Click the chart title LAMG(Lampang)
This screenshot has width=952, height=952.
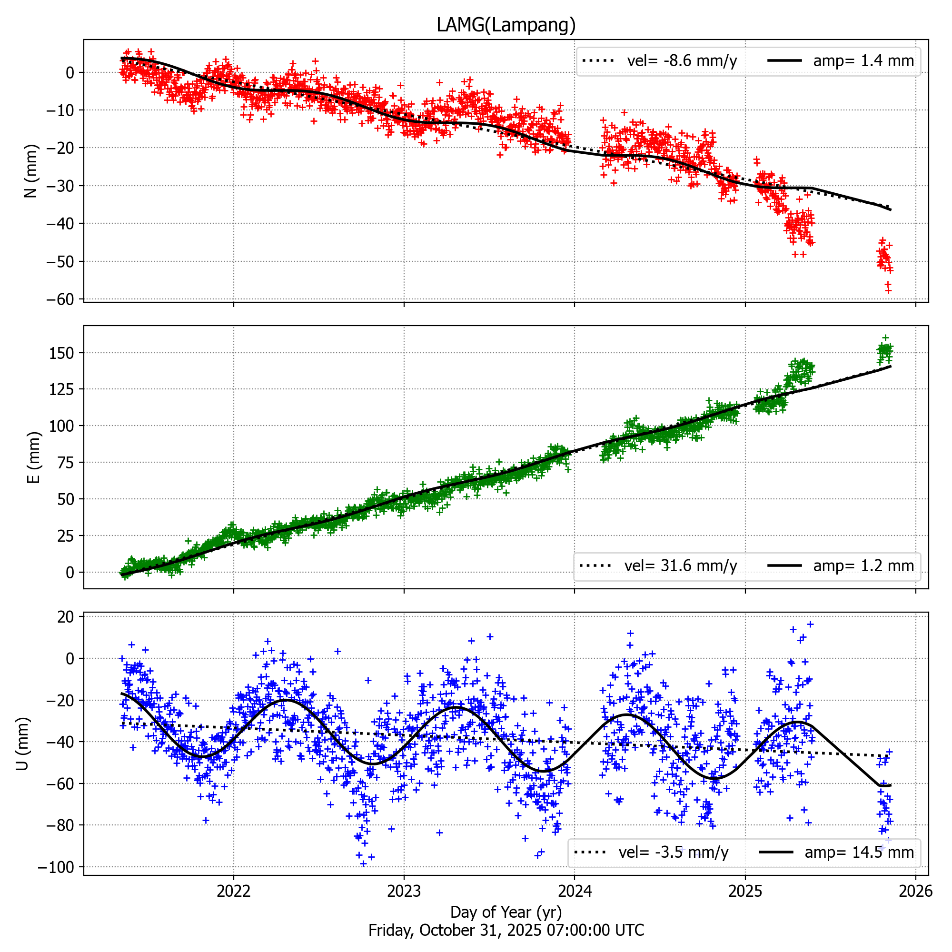506,25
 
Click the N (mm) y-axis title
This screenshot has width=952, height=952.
31,171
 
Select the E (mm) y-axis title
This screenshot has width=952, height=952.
33,457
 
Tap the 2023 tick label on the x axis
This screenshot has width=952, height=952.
404,891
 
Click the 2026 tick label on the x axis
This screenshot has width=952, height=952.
915,891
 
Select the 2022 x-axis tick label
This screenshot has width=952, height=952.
234,891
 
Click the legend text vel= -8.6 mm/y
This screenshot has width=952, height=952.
682,61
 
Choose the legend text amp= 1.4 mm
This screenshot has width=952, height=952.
863,61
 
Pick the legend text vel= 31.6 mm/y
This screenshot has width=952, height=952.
681,565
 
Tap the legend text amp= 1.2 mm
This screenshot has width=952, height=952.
863,565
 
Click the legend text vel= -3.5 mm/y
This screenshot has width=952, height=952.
673,852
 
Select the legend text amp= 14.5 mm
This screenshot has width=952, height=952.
859,852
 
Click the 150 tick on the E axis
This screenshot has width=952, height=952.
61,353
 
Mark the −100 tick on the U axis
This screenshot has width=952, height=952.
56,867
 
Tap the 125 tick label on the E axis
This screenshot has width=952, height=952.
61,389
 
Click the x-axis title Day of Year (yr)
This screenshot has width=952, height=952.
506,912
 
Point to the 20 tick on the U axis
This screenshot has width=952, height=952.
66,617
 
